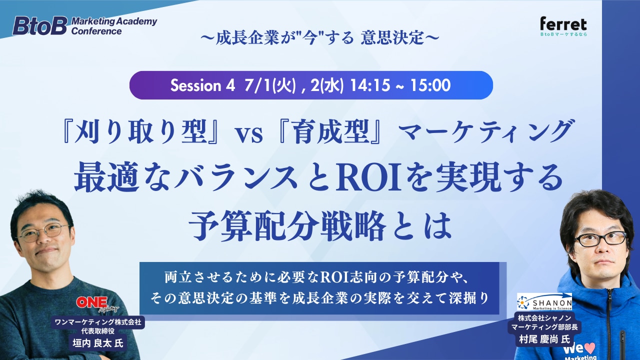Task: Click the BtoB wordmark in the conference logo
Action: click(x=39, y=25)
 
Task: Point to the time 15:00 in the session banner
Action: click(x=431, y=85)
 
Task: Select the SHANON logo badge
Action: click(x=544, y=301)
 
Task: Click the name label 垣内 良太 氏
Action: click(x=97, y=343)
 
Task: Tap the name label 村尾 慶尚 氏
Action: click(x=544, y=339)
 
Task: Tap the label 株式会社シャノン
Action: click(x=544, y=318)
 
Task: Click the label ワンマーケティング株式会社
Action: click(x=97, y=322)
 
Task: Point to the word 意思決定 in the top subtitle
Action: click(x=392, y=37)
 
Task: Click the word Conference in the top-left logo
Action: click(x=96, y=31)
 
